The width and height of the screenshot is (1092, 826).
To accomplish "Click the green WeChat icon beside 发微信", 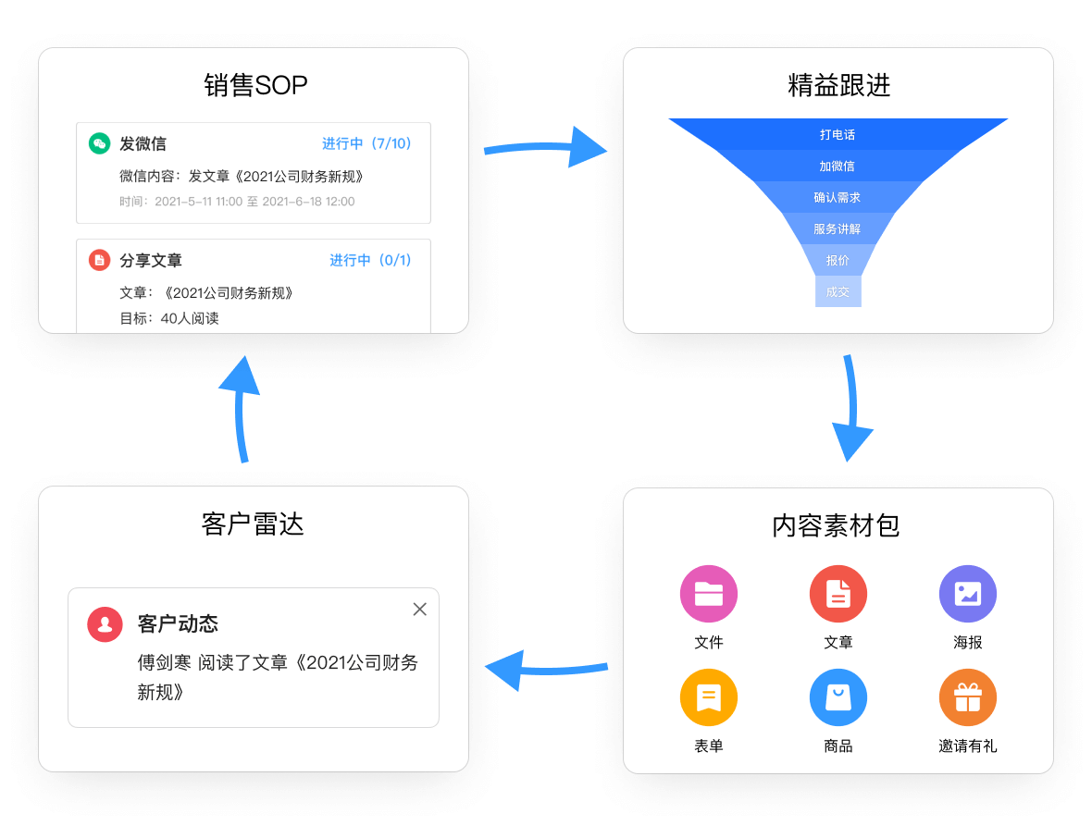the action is tap(100, 143).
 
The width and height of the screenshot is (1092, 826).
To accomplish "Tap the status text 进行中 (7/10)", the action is tap(366, 143).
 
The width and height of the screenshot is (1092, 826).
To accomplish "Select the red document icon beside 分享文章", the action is tap(100, 260).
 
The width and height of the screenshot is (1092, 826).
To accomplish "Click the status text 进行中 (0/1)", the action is tap(370, 260).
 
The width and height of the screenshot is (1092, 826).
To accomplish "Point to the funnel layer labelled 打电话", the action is tap(838, 134).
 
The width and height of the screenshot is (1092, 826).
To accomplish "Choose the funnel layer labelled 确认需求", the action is tap(838, 197).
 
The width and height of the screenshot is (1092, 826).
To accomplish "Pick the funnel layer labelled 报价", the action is tap(838, 260).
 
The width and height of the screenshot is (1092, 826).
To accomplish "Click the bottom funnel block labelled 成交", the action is tap(838, 291).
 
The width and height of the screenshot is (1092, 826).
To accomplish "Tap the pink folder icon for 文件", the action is tap(708, 594).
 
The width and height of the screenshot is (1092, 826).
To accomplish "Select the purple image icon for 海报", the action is tap(967, 594).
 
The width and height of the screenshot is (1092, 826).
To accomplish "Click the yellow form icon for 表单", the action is tap(708, 697).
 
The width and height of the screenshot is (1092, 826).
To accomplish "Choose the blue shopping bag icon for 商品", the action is tap(838, 697).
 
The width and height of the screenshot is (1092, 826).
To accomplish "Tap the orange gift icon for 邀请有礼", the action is tap(967, 697).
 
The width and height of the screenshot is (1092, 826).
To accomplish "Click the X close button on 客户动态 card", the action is tap(419, 610).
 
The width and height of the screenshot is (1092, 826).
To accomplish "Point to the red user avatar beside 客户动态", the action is tap(105, 624).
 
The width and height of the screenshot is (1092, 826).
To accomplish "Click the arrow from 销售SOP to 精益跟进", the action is tap(543, 147).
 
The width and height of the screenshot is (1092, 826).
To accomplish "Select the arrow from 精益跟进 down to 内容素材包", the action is tap(851, 407).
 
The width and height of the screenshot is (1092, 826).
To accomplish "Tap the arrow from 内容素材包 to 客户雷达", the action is tap(547, 670).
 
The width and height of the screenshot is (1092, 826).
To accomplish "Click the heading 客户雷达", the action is tap(253, 524).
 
